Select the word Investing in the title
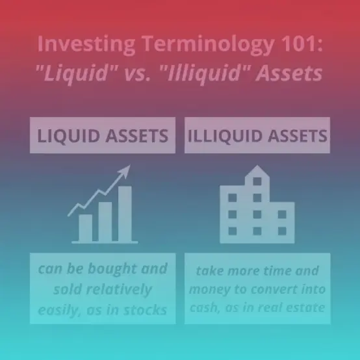tap(86, 45)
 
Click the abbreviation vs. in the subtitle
tap(137, 74)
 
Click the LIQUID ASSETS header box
tap(103, 135)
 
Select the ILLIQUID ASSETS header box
tap(257, 135)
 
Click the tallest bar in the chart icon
tap(125, 214)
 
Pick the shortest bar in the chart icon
tap(85, 228)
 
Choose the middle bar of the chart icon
tap(105, 222)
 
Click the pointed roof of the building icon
tap(257, 171)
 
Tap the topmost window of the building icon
tap(257, 181)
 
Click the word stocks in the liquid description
tap(146, 310)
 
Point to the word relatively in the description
tap(119, 290)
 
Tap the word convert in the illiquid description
tap(274, 289)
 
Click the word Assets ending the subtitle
tap(289, 73)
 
